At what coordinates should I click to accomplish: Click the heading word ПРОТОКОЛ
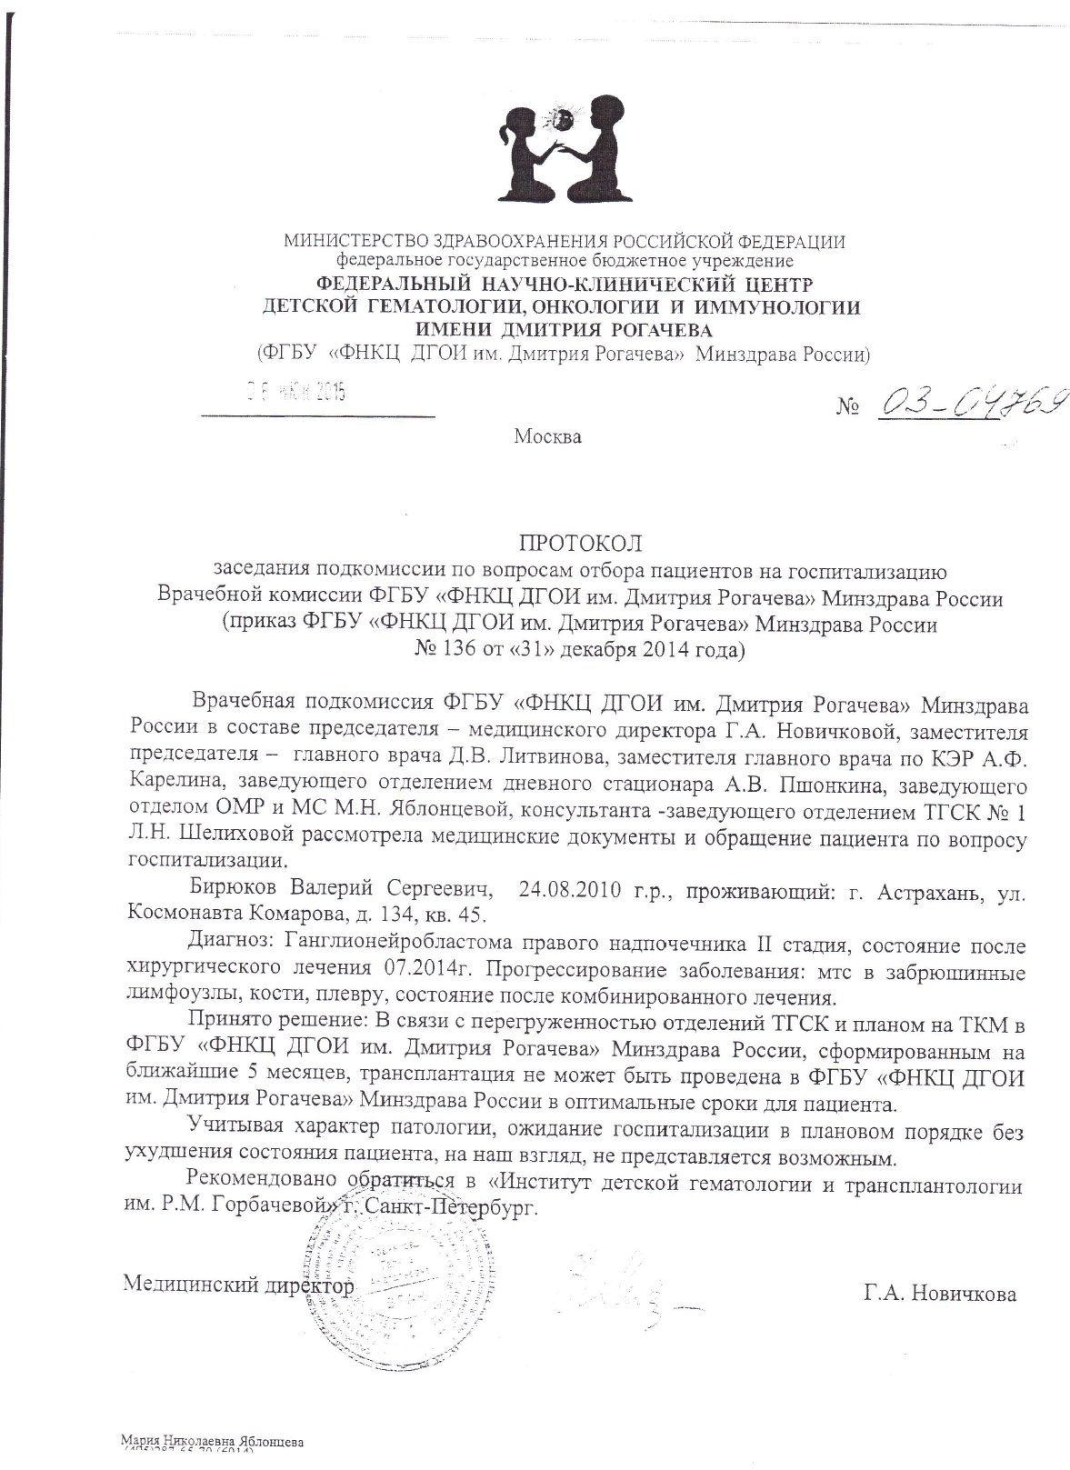(x=579, y=544)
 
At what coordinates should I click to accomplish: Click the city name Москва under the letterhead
(x=547, y=436)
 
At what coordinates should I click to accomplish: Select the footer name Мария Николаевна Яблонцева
(x=211, y=1443)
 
